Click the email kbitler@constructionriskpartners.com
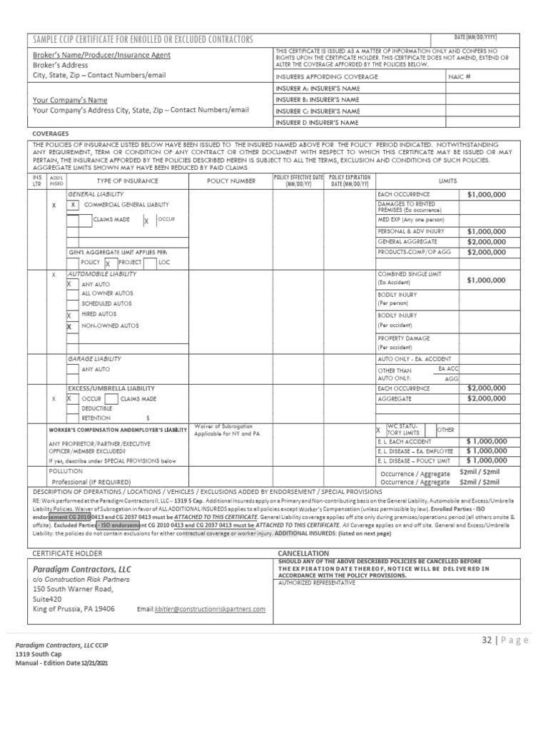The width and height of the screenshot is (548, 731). point(210,609)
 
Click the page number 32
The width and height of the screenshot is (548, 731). point(487,640)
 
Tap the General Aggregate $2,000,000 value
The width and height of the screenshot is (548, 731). point(487,242)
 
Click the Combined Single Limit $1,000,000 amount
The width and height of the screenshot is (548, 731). point(487,281)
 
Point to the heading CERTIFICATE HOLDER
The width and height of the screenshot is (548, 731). point(68,553)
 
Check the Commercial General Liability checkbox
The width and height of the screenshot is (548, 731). point(73,205)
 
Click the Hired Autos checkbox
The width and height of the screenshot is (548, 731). point(69,315)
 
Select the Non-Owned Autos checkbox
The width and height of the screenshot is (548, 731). point(69,326)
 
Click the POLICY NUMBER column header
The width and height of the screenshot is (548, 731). point(230,181)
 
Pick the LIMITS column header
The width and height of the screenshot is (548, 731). point(448,181)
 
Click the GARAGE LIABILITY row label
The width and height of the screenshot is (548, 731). point(93,358)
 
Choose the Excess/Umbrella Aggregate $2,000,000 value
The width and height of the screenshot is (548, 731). point(487,398)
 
